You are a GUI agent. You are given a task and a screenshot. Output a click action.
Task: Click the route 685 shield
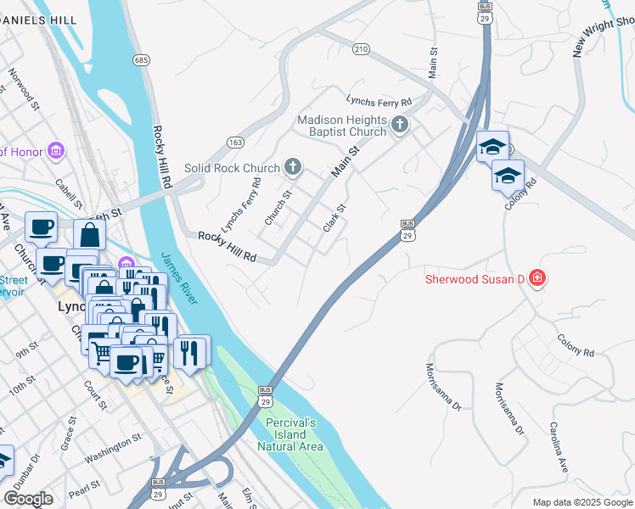(141, 59)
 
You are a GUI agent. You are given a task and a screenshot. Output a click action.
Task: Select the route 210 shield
(362, 50)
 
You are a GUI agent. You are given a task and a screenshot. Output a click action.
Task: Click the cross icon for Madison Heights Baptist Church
(401, 126)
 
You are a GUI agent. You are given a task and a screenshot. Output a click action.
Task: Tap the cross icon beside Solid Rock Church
(293, 167)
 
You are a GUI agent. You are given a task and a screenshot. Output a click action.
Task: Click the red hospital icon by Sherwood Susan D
(537, 278)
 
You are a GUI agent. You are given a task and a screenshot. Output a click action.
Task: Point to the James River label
(180, 279)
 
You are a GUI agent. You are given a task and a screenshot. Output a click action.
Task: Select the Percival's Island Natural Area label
(290, 434)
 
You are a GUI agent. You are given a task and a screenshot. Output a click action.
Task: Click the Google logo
(29, 499)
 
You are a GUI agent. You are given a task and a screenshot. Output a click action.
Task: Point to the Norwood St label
(24, 90)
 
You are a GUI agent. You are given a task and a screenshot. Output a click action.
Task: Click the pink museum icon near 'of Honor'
(57, 151)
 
